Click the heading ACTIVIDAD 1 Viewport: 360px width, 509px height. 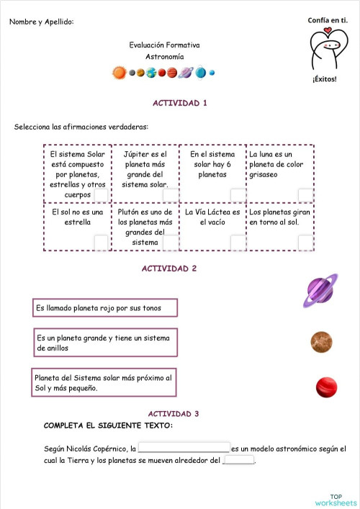[x=179, y=103]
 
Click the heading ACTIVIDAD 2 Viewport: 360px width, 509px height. [x=169, y=269]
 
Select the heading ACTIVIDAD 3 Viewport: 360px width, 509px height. [x=174, y=414]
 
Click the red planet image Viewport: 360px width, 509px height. [x=326, y=387]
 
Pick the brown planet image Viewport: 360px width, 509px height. [x=321, y=341]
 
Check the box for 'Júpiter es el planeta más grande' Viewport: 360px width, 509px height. [x=171, y=195]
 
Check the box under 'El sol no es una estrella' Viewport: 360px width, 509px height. [x=101, y=243]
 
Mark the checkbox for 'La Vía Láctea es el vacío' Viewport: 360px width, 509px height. [x=238, y=243]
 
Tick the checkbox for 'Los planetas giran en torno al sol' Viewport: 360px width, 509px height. [x=306, y=243]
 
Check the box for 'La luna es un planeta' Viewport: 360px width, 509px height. [x=306, y=195]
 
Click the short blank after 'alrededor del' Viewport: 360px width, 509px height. [x=240, y=461]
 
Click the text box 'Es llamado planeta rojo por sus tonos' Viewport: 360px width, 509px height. [x=105, y=308]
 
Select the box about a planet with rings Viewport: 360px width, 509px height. [x=105, y=343]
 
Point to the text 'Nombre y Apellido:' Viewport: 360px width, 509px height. [x=42, y=22]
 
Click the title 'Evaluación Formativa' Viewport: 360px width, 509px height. [x=165, y=45]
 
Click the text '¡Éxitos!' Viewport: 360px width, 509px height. [x=324, y=79]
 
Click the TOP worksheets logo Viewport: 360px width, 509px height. [x=336, y=499]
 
